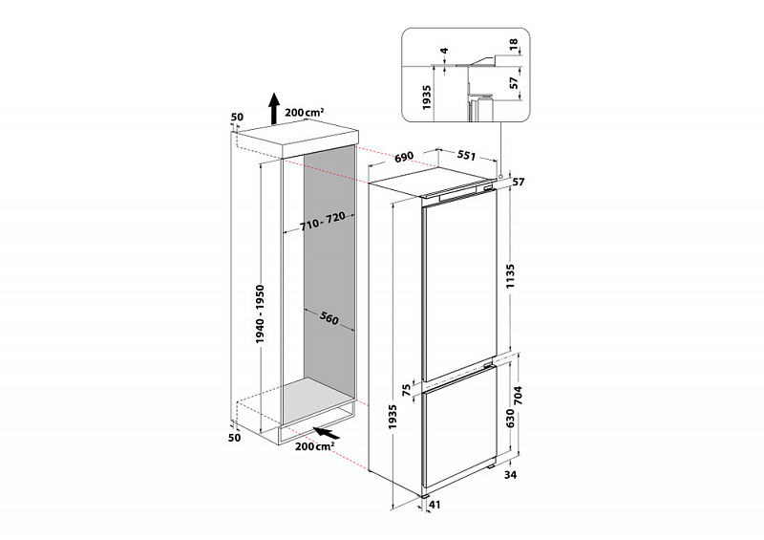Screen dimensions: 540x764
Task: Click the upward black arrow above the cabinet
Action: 273,109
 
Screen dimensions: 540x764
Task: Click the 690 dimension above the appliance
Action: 402,155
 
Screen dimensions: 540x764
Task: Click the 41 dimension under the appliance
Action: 435,506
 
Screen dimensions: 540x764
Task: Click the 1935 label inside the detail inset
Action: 427,96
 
